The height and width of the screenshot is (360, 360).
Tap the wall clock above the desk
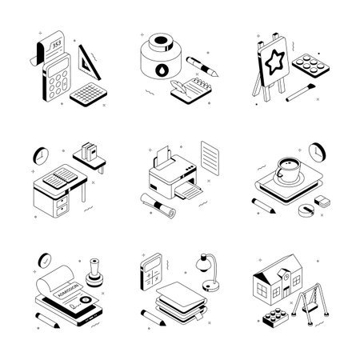coord(42,153)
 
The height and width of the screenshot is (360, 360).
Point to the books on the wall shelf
coord(89,151)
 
